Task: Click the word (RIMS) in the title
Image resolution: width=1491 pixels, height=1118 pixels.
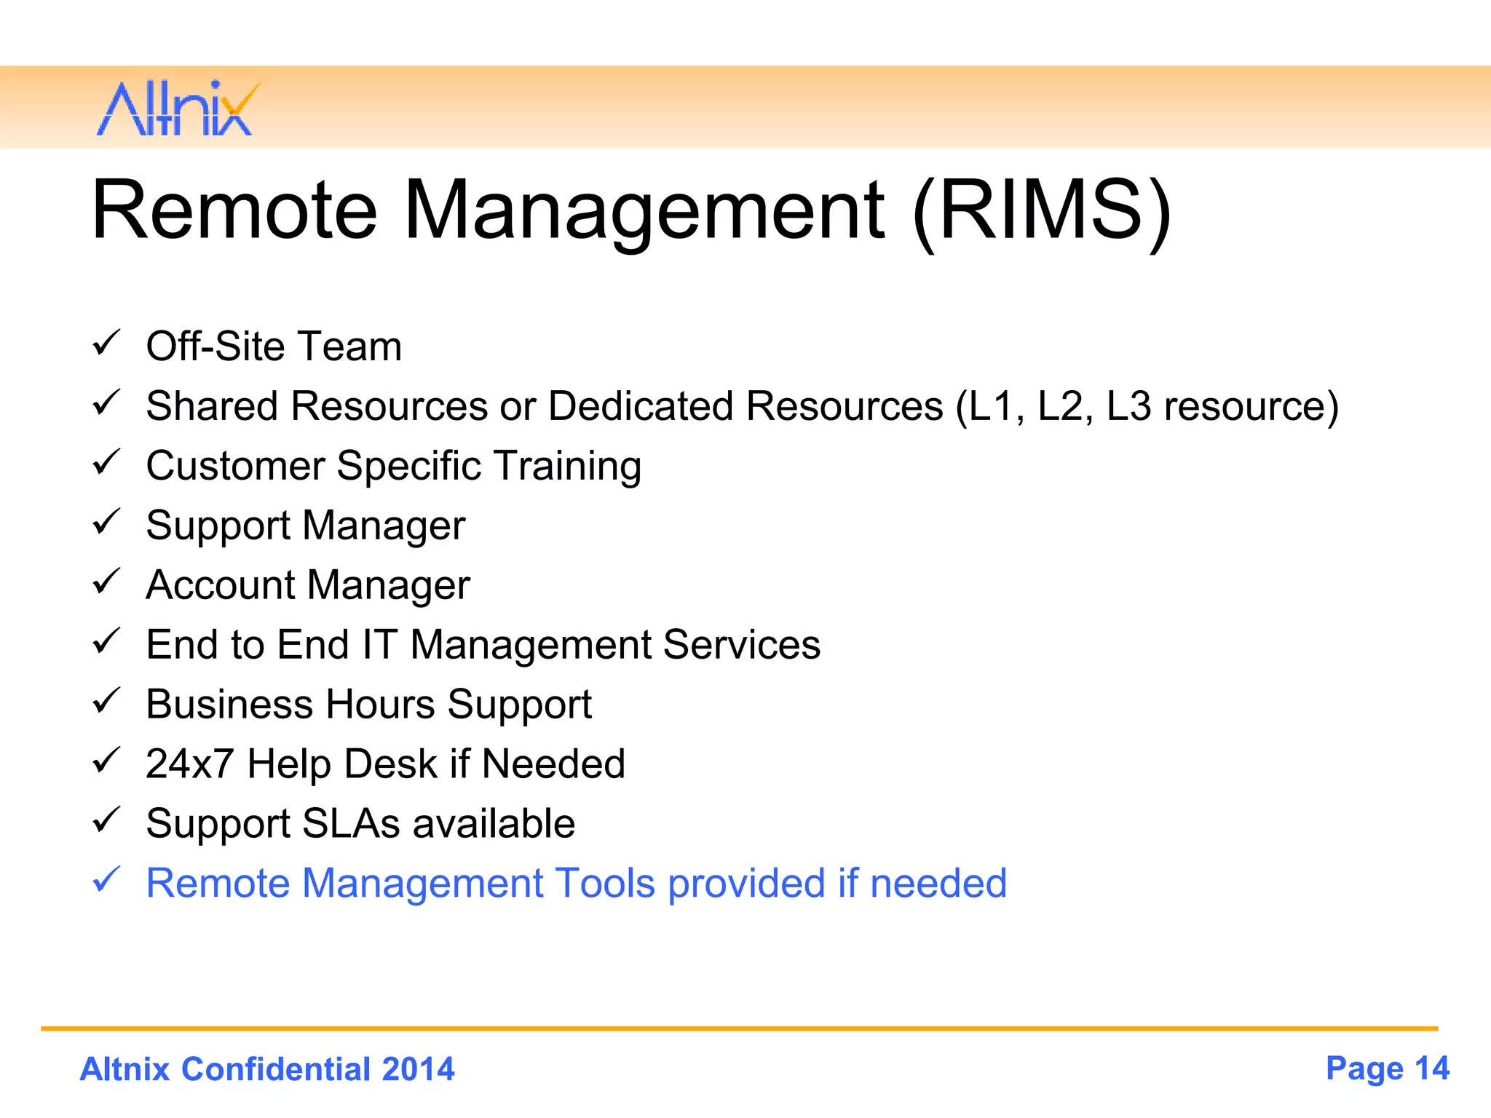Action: click(1041, 212)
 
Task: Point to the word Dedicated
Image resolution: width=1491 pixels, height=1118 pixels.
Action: click(641, 406)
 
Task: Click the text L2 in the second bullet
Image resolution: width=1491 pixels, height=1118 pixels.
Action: click(1060, 406)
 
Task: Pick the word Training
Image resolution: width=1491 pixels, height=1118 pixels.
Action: click(568, 467)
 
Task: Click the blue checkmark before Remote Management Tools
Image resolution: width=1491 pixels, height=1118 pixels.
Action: click(106, 880)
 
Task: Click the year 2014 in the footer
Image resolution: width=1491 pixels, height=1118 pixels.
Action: click(418, 1069)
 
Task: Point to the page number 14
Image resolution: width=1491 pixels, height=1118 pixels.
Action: click(1431, 1069)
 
